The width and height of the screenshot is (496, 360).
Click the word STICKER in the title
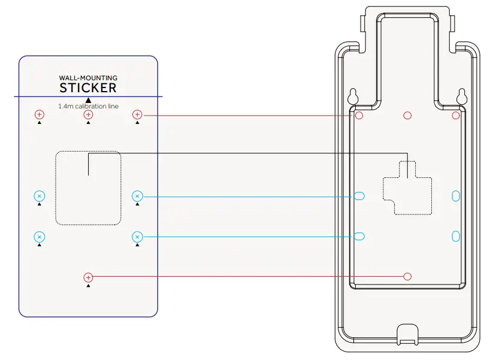pos(88,88)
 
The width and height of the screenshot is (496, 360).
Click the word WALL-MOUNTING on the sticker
pos(88,78)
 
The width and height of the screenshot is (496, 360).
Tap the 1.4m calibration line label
pos(88,106)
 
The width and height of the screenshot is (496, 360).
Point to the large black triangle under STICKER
pos(88,100)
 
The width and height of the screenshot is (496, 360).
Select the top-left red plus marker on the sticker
pos(39,114)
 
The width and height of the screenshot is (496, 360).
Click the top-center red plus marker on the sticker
pos(88,114)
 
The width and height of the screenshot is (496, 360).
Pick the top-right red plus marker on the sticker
pos(137,114)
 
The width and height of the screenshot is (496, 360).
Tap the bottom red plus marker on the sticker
pos(88,277)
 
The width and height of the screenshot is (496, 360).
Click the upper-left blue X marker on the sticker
pos(39,196)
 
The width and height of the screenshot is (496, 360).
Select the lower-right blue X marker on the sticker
pos(137,237)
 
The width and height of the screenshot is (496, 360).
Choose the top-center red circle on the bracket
pos(407,115)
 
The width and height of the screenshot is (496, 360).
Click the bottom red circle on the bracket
pos(407,276)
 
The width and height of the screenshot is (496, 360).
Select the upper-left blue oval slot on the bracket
pos(359,196)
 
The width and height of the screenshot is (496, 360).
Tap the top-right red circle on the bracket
pos(456,115)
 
